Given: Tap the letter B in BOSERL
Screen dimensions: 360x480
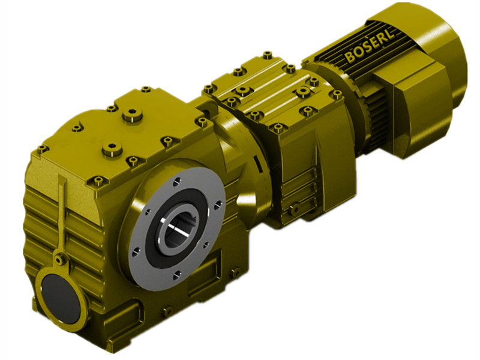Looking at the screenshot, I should point(349,58).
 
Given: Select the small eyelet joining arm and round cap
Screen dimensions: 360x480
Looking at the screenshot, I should point(59,259).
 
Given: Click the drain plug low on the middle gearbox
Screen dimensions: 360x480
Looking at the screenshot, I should point(295,209).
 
